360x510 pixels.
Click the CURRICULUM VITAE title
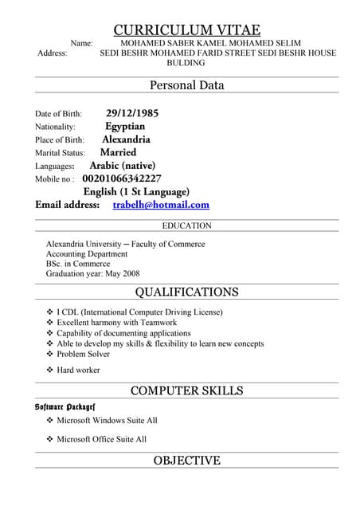186,29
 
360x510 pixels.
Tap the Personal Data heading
186,85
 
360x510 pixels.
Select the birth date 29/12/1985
132,113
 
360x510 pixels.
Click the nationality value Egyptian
125,126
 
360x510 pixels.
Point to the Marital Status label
60,152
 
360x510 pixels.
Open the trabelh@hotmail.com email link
161,205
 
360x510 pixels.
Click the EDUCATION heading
186,226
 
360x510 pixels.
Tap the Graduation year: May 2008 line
92,273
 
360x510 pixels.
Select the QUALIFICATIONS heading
186,292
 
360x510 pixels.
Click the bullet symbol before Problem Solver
49,354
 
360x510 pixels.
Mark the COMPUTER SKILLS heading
186,390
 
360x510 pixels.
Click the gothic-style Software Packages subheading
65,406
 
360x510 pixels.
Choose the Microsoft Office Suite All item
101,439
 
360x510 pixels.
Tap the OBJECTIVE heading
186,461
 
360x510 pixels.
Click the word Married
118,152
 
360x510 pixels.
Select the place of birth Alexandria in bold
126,139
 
